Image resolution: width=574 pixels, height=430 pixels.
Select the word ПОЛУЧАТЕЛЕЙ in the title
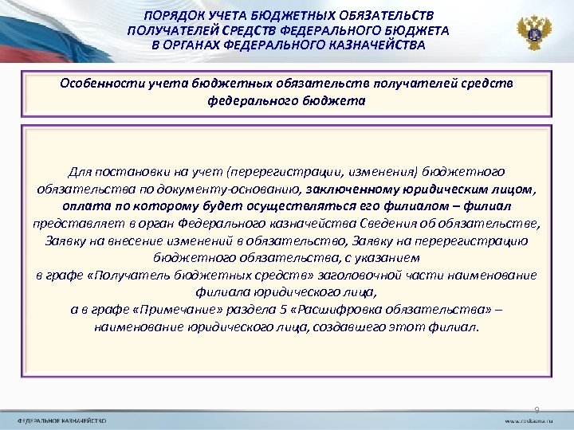tap(171, 30)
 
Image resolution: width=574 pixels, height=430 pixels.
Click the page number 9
tap(537, 408)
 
